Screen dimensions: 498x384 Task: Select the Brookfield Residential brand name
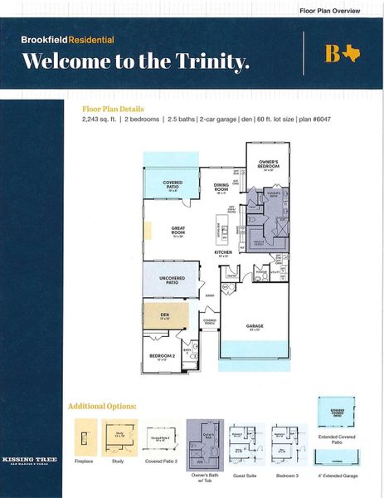pos(56,39)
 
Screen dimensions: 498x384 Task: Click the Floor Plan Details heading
pos(113,109)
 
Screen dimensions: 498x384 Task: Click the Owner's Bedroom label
pos(268,164)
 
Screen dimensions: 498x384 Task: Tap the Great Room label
pos(177,230)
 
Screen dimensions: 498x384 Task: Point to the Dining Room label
pos(221,187)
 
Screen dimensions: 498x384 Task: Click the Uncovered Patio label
pos(172,281)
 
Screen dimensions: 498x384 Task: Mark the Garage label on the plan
pos(255,326)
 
